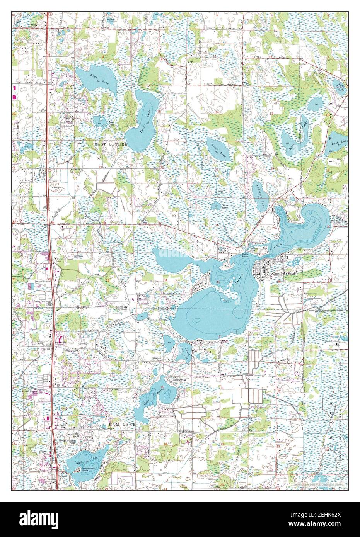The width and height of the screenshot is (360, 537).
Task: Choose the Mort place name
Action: (190, 61)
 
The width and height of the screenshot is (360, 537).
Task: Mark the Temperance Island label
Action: (90, 469)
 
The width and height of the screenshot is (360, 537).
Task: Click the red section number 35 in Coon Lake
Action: (218, 282)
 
